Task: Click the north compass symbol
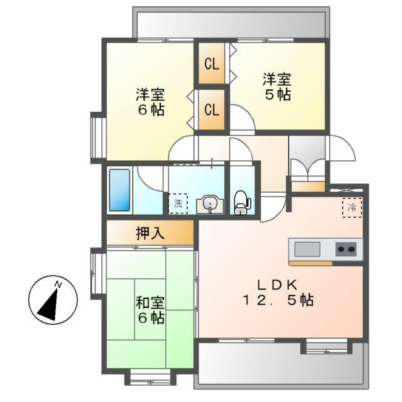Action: [53, 301]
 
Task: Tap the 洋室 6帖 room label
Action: [151, 102]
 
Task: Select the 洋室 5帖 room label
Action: [276, 87]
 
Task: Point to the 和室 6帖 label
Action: [151, 310]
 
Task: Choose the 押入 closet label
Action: [150, 233]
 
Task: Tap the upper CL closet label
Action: [212, 63]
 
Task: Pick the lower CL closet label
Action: [212, 109]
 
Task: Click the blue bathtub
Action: [119, 189]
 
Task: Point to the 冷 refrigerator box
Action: [352, 207]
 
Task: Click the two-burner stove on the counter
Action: [346, 249]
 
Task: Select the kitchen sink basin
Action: [307, 249]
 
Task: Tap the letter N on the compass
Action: [58, 285]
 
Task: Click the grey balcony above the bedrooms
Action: [231, 24]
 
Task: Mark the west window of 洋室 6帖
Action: [97, 136]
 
